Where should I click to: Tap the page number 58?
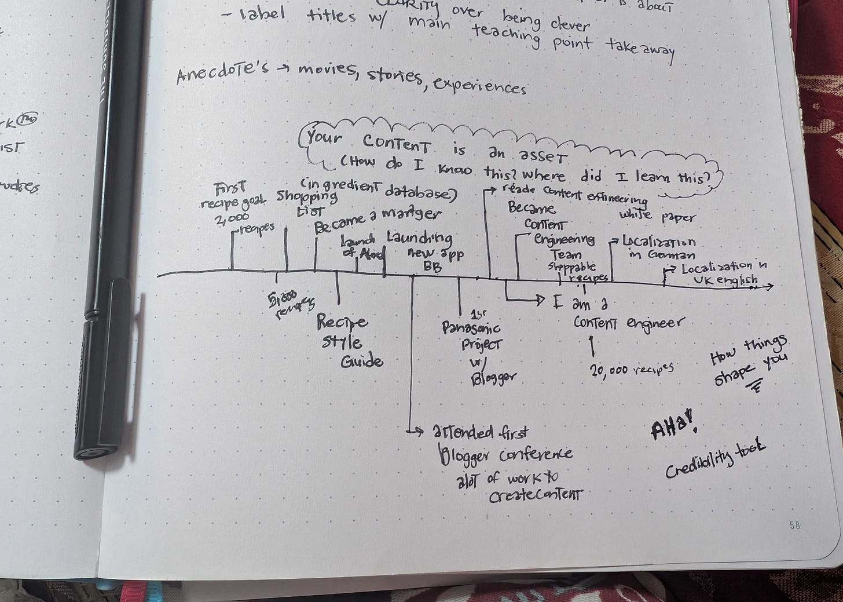794,526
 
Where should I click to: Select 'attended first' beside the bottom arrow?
479,432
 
